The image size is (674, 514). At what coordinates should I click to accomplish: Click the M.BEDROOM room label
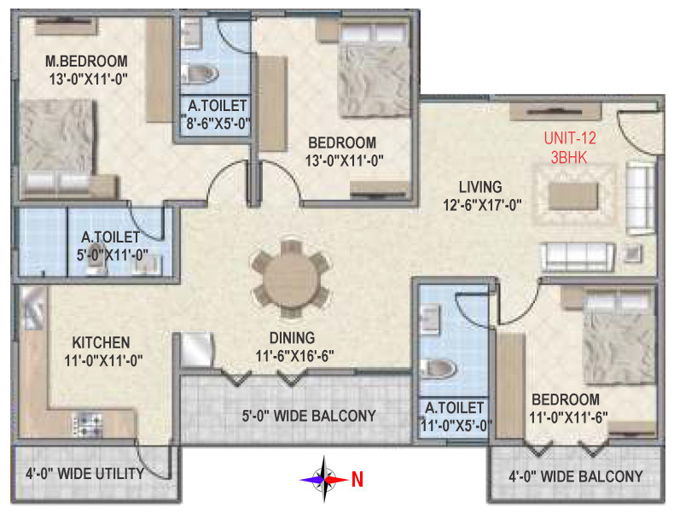pos(86,61)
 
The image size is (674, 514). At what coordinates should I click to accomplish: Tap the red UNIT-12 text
pos(570,138)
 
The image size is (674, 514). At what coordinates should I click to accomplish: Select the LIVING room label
pos(480,187)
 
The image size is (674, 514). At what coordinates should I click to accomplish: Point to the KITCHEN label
pos(101,342)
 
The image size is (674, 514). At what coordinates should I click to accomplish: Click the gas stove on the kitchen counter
pos(88,423)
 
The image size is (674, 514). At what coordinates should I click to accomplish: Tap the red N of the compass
pos(357,479)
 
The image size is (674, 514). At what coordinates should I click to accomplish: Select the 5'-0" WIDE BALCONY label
pos(309,416)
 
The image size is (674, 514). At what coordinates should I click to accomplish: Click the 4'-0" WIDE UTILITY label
pos(85,474)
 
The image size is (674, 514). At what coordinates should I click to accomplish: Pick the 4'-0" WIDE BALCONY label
pos(576,476)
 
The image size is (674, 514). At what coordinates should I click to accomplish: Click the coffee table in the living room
pos(574,196)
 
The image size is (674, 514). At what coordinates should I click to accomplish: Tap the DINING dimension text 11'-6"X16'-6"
pos(295,356)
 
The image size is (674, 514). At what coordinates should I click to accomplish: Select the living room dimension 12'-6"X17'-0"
pos(482,205)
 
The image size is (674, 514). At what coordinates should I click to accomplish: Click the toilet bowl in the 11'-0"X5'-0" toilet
pos(439,369)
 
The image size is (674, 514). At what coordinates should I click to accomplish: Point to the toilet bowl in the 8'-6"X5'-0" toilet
pos(197,73)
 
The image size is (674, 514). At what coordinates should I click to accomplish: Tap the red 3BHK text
pos(569,157)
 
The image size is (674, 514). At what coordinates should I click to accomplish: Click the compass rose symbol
pos(323,479)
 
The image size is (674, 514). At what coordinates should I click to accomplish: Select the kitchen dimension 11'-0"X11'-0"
pos(103,360)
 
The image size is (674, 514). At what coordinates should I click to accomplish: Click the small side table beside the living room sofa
pos(631,254)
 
